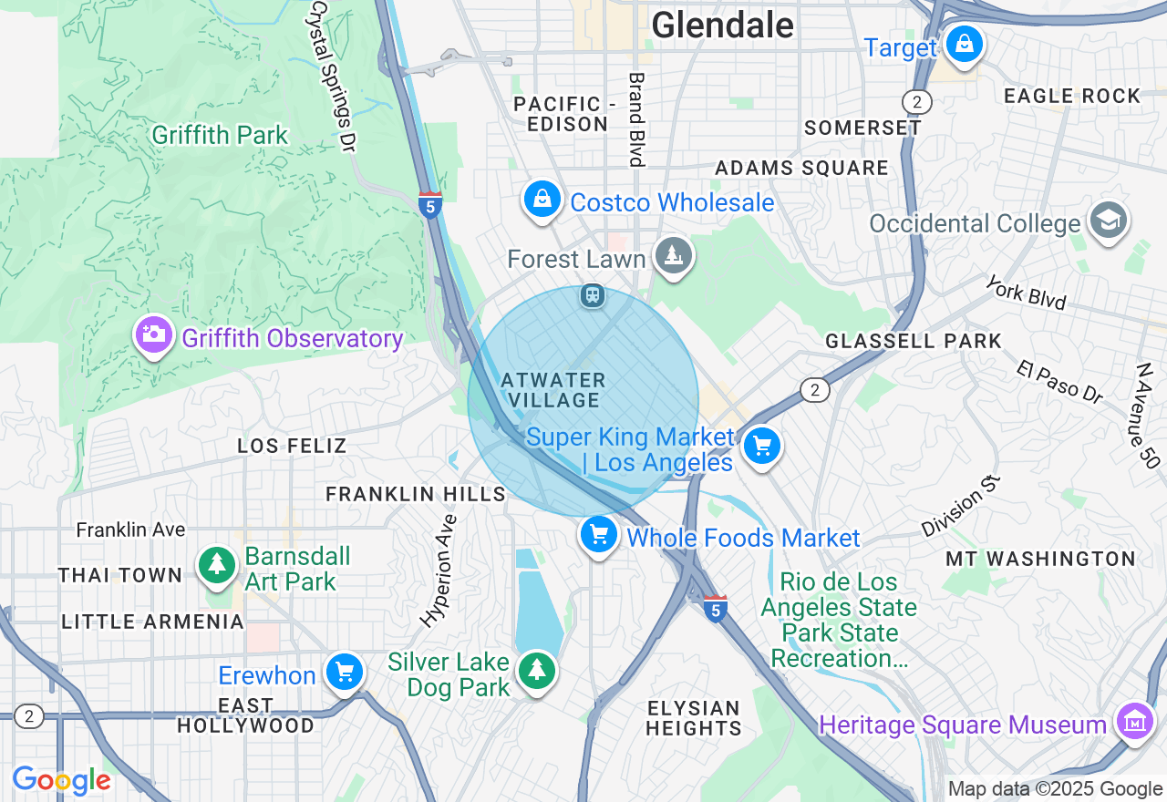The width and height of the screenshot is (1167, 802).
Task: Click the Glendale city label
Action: (x=722, y=25)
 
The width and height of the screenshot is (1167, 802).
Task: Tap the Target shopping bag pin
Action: (x=963, y=44)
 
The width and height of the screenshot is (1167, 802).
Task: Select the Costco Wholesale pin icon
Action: (x=542, y=199)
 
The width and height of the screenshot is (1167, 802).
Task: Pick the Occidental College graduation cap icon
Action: (x=1109, y=221)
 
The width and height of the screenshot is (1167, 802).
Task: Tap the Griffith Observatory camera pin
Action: (x=154, y=334)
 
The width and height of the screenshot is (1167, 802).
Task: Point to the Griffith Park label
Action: (x=220, y=136)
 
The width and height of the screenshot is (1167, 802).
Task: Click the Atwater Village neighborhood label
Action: (x=553, y=390)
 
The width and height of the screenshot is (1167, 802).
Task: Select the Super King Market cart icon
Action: (x=762, y=447)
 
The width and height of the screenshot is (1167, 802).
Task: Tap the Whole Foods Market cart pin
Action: (x=599, y=534)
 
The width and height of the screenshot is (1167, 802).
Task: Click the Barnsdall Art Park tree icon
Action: (x=217, y=565)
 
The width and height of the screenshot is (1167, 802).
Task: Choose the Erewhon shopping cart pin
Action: (x=345, y=673)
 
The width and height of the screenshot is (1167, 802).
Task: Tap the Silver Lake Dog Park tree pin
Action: (x=537, y=670)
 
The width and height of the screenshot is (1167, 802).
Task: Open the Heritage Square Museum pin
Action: (x=1134, y=722)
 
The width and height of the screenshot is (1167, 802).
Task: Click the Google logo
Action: (x=61, y=781)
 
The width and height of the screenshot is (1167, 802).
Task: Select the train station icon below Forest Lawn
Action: (x=593, y=295)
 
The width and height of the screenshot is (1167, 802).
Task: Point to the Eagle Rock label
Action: (x=1071, y=96)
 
